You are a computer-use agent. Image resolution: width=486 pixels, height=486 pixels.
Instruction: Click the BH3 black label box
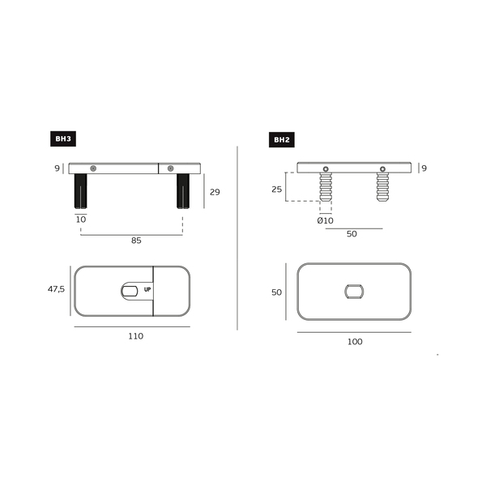tap(63, 139)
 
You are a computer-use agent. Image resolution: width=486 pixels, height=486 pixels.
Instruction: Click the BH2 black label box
tap(282, 140)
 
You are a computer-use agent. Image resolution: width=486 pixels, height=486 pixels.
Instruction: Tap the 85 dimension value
tap(136, 241)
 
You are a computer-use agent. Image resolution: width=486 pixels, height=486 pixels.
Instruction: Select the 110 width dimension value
tap(136, 336)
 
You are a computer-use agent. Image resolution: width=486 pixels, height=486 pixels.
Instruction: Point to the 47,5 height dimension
tap(56, 289)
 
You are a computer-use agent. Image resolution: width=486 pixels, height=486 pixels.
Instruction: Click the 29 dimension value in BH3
tap(215, 192)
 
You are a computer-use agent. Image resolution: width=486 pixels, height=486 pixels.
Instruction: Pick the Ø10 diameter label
tap(325, 220)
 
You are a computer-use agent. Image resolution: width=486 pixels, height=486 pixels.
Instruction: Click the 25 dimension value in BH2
tap(277, 189)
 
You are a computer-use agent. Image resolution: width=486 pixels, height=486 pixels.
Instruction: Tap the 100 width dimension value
tap(355, 342)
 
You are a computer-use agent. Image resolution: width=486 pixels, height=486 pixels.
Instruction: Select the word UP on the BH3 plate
tap(147, 289)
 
